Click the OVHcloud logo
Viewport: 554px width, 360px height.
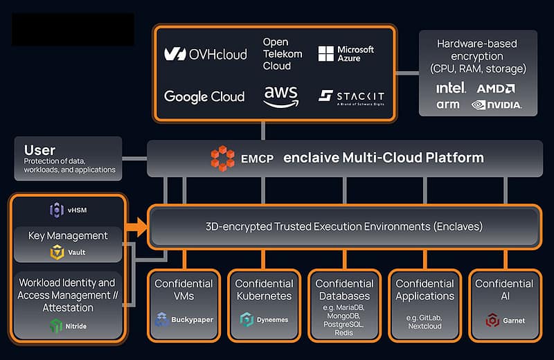coord(205,54)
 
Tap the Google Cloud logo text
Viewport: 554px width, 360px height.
coord(204,96)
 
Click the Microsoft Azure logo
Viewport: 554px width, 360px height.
coord(346,54)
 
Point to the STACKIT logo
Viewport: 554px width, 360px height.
coord(351,96)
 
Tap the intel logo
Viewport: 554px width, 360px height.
coord(451,88)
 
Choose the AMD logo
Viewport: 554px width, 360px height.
coord(495,88)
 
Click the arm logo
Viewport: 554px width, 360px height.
coord(447,105)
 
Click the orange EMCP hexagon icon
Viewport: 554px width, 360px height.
coord(222,158)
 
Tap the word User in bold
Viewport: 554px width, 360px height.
coord(39,150)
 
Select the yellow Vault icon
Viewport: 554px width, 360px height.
coord(57,253)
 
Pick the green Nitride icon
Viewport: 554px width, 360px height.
coord(56,325)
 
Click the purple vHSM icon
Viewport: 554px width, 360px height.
coord(56,210)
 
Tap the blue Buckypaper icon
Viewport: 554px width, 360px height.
coord(162,319)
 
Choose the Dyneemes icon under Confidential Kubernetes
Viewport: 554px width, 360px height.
coord(247,319)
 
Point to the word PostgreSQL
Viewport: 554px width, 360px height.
coord(343,324)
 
